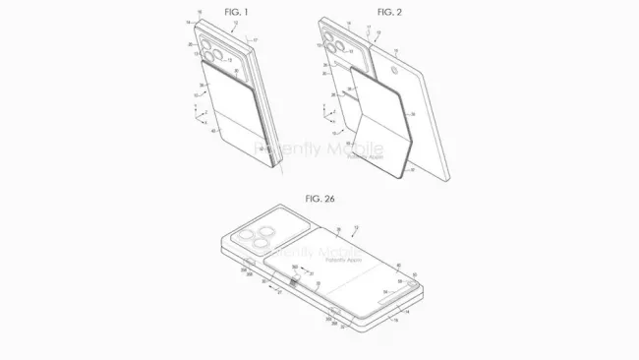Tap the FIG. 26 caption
(319, 198)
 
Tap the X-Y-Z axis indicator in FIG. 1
(202, 117)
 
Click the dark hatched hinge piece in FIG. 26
(292, 282)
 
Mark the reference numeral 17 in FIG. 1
(256, 40)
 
